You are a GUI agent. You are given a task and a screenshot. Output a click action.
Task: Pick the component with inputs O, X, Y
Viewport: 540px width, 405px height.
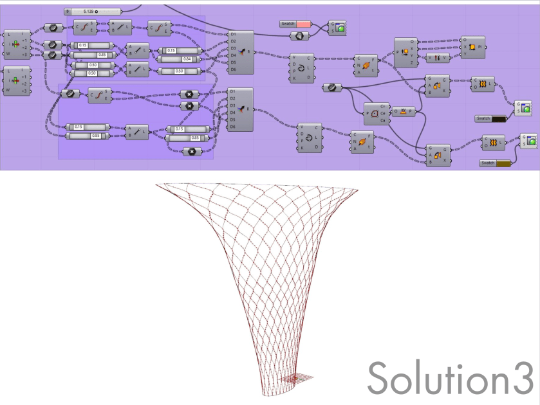[471, 47]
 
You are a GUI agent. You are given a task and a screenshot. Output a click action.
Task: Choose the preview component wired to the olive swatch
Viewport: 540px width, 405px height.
[528, 140]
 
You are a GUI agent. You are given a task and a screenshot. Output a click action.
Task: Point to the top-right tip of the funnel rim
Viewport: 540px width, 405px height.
[357, 190]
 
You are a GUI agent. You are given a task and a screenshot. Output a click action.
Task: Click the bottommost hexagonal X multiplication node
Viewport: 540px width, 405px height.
[191, 152]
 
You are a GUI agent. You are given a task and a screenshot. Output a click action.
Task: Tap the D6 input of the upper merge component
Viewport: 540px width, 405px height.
[233, 69]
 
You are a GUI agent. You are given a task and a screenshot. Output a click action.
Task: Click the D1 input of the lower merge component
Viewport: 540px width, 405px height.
[233, 92]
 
